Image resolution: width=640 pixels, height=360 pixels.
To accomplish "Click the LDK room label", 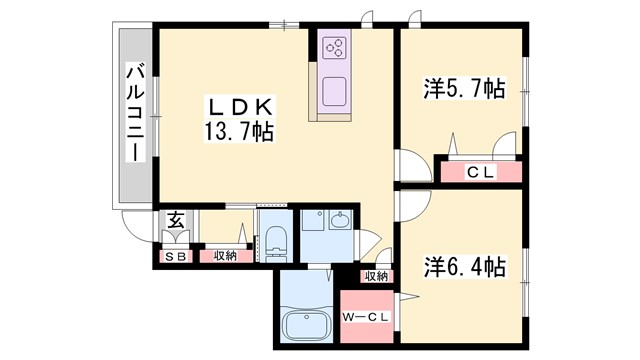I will (x=240, y=106).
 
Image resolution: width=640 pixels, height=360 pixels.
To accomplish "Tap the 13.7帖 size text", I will (x=240, y=130).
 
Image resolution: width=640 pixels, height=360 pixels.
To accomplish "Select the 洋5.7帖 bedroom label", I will (x=463, y=90).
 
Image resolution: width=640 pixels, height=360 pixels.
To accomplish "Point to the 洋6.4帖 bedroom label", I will (x=463, y=268).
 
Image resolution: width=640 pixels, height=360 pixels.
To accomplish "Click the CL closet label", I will (x=481, y=172).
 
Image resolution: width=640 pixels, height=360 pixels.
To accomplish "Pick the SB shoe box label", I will (x=175, y=256).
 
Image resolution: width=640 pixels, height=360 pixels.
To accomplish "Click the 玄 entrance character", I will (x=174, y=222).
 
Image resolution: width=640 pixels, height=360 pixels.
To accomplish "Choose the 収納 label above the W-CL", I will (x=376, y=277).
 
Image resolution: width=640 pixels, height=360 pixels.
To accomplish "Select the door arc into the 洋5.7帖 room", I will (x=411, y=166).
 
